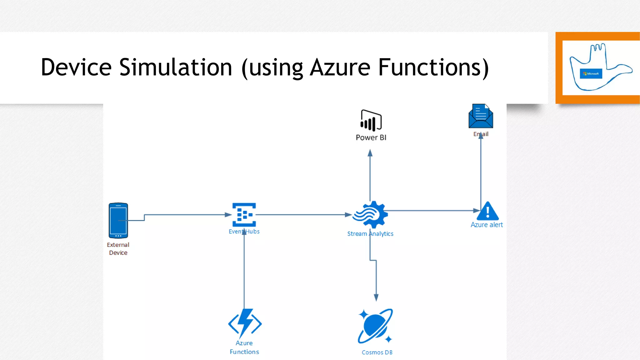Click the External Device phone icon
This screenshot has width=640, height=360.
[x=118, y=220]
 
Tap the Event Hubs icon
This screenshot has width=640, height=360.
[x=244, y=215]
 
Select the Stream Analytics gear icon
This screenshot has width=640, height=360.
[x=371, y=215]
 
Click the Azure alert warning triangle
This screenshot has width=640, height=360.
[x=488, y=212]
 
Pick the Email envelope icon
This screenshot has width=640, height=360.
[x=481, y=116]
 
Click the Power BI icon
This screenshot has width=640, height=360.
[x=371, y=120]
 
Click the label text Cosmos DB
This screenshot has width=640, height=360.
[x=377, y=352]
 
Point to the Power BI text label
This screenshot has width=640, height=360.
[x=371, y=137]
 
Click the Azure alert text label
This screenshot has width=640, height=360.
[x=487, y=225]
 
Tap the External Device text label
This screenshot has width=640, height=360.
[x=118, y=249]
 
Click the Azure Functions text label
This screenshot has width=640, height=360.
[x=244, y=347]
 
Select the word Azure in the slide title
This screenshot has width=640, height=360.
[x=340, y=67]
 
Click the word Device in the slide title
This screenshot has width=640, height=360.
[x=76, y=67]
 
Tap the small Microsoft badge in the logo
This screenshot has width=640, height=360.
[x=591, y=74]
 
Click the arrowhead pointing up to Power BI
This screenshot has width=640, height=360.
[x=370, y=153]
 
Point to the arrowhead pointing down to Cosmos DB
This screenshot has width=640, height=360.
[x=376, y=297]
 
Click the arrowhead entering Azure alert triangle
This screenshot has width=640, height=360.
[x=477, y=211]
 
